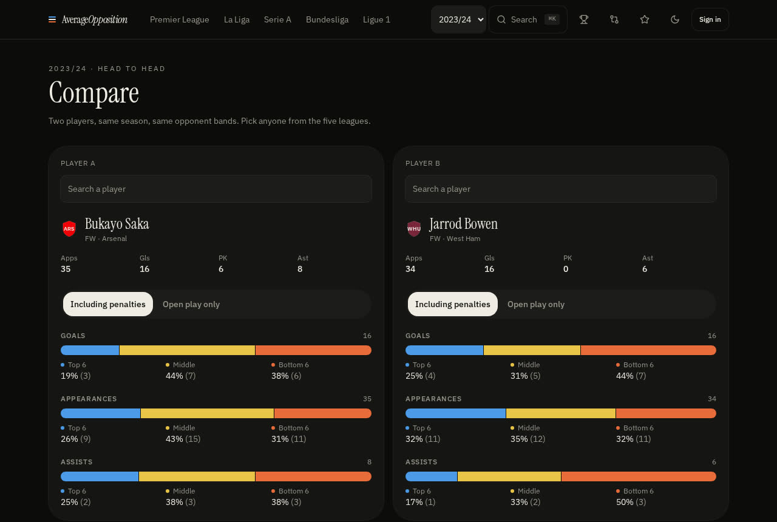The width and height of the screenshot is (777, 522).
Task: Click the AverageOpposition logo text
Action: [x=94, y=19]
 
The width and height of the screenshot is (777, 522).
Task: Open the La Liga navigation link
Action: [x=237, y=19]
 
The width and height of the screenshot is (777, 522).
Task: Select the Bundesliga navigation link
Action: [x=327, y=19]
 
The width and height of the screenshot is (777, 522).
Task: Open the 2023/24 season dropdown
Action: [x=458, y=19]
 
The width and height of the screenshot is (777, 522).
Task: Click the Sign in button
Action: [x=710, y=19]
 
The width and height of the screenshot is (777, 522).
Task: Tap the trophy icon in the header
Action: [x=584, y=19]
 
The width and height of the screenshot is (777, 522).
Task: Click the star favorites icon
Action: [x=645, y=19]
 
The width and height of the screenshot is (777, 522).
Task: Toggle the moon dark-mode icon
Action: [x=674, y=19]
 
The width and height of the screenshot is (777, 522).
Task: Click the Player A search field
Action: [x=216, y=189]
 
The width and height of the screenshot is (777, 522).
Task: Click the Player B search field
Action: [x=561, y=189]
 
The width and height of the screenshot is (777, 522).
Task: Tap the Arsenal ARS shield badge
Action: [x=69, y=229]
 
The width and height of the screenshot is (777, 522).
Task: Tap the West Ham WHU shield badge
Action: [x=414, y=229]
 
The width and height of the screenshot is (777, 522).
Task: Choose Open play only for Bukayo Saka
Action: [x=191, y=304]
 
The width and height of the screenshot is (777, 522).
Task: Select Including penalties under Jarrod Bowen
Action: [x=453, y=304]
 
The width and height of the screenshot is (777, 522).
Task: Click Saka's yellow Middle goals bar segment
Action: [x=188, y=350]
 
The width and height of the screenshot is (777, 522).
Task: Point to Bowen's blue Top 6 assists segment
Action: [x=431, y=476]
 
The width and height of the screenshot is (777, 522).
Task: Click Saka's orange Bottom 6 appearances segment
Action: [x=323, y=413]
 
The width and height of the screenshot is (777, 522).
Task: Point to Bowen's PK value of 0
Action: [x=566, y=269]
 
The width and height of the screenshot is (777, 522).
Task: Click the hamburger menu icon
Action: [x=52, y=19]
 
